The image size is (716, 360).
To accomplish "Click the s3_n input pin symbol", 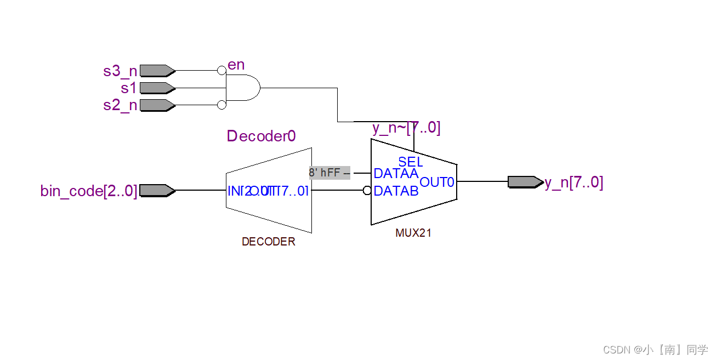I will (157, 71).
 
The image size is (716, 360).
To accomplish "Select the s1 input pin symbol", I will (157, 88).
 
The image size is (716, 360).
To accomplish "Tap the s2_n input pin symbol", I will (157, 105).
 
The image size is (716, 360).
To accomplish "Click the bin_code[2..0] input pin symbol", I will (157, 191).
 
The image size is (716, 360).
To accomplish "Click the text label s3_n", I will (120, 71).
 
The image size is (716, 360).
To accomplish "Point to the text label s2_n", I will (120, 105).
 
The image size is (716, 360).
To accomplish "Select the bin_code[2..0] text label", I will (89, 191).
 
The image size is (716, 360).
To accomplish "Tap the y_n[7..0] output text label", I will (573, 182).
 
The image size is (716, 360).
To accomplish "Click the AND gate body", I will (243, 88).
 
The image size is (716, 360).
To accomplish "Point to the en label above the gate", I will (236, 65).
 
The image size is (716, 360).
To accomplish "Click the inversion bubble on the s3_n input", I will (221, 71).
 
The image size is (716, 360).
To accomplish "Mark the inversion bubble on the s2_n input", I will (221, 105).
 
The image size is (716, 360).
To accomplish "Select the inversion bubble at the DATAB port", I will (367, 191).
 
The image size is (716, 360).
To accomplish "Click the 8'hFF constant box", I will (329, 173).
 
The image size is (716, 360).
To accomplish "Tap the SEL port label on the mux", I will (411, 162).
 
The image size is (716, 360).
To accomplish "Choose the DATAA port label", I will (396, 173).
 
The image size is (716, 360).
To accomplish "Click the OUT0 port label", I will (437, 182).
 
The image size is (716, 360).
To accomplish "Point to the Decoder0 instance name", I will (262, 136).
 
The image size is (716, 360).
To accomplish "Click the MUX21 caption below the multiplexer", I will (413, 233).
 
